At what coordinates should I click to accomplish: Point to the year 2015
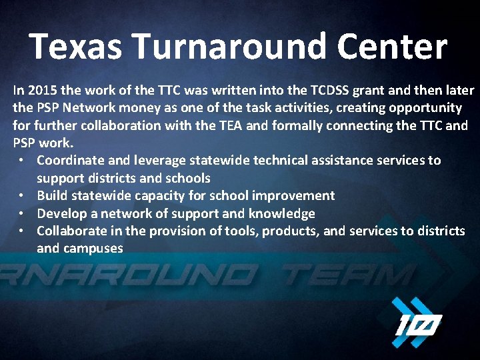pos(43,90)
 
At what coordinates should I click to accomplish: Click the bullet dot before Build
pos(22,196)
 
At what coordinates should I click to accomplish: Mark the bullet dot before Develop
pos(22,213)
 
